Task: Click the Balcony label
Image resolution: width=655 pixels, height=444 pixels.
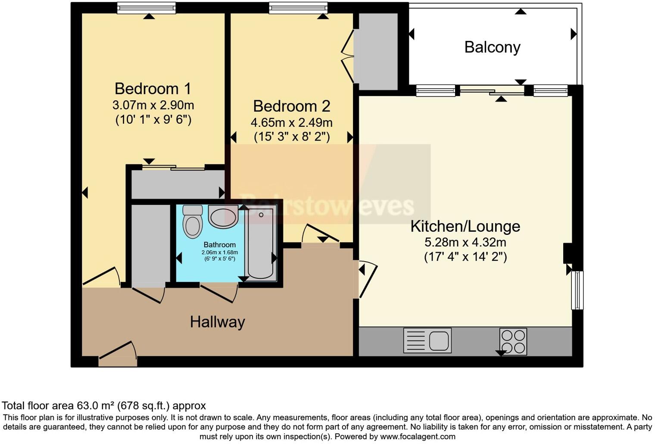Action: pyautogui.click(x=492, y=47)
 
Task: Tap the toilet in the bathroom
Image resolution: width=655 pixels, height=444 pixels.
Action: pyautogui.click(x=192, y=222)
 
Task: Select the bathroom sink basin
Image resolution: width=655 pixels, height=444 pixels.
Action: pyautogui.click(x=223, y=216)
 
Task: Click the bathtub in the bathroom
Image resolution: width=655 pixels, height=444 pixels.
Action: pyautogui.click(x=261, y=243)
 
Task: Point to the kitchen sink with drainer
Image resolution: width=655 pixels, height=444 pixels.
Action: pyautogui.click(x=427, y=340)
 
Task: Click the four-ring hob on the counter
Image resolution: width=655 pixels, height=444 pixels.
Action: pyautogui.click(x=513, y=341)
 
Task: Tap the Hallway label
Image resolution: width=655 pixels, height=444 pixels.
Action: pyautogui.click(x=217, y=322)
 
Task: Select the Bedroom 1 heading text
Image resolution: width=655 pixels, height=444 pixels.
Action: pyautogui.click(x=153, y=89)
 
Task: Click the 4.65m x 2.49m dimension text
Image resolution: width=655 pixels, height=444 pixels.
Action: pyautogui.click(x=291, y=123)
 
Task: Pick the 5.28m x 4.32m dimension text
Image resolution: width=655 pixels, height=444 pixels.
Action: pyautogui.click(x=465, y=242)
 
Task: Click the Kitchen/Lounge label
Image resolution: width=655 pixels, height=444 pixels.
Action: pyautogui.click(x=465, y=226)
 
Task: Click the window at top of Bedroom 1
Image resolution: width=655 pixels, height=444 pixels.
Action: pyautogui.click(x=147, y=8)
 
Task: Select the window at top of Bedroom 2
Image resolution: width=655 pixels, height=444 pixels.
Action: pyautogui.click(x=298, y=8)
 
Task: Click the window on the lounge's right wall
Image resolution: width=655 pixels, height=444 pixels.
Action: pyautogui.click(x=577, y=290)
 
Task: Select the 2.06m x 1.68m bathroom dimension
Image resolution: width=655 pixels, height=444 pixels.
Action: pyautogui.click(x=219, y=253)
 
